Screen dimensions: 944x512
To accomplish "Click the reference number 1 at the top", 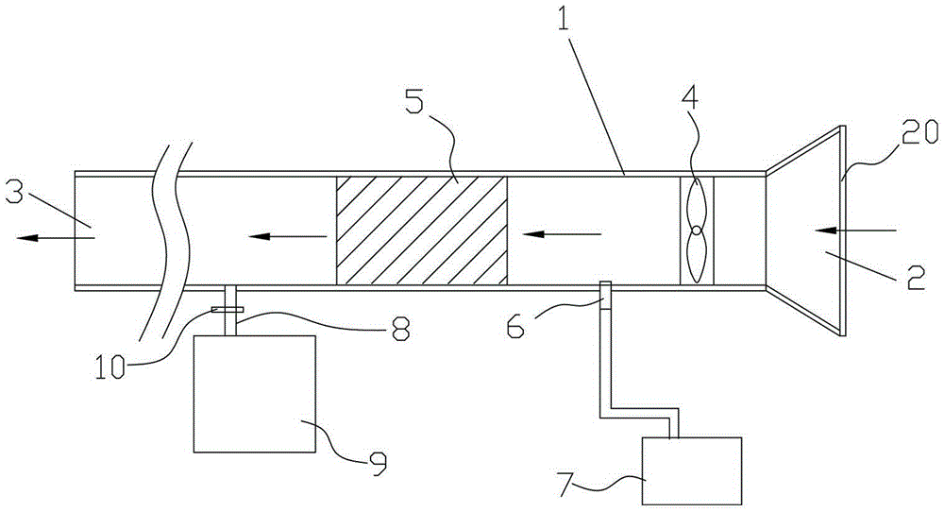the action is click(x=563, y=22).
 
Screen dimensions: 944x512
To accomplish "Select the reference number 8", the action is click(x=400, y=330).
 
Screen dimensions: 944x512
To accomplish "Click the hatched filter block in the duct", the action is click(x=421, y=230).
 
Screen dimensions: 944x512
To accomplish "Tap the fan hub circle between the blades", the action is click(x=697, y=230).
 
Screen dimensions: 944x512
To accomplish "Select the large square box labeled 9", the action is click(x=254, y=393).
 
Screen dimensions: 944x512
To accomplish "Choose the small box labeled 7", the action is click(x=692, y=470).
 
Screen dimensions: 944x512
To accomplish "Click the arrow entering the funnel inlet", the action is click(x=855, y=230).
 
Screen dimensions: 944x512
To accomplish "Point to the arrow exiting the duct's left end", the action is click(x=56, y=238).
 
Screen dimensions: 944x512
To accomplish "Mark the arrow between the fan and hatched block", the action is click(x=562, y=233).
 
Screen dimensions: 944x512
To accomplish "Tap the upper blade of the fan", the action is click(x=696, y=202).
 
